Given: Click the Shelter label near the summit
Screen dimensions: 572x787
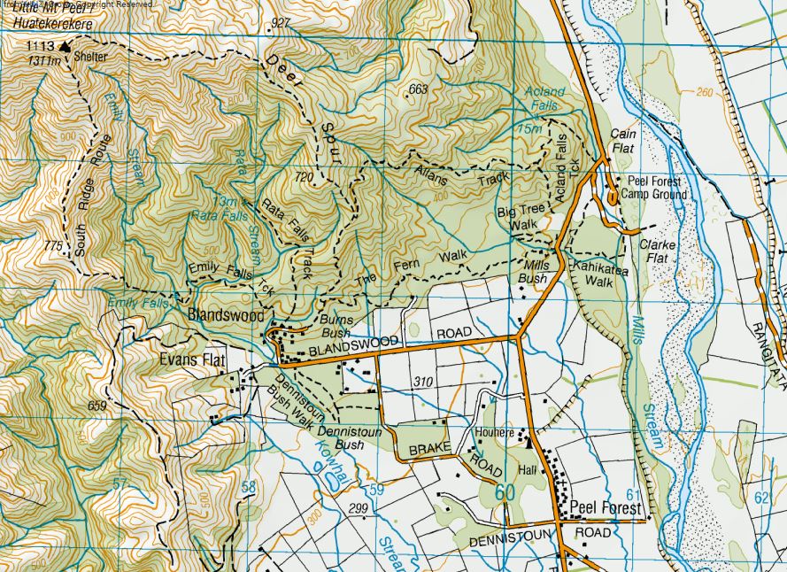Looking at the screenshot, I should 90,57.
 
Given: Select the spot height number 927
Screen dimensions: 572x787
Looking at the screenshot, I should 282,22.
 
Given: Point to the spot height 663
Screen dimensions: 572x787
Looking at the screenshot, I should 418,89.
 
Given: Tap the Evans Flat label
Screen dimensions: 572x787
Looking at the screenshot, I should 192,360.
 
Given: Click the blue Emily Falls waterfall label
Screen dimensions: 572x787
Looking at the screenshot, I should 137,303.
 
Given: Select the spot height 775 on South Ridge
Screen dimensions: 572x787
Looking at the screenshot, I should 55,244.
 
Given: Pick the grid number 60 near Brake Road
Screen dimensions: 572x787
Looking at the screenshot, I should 505,491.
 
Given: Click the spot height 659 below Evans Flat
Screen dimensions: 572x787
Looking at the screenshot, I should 97,406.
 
